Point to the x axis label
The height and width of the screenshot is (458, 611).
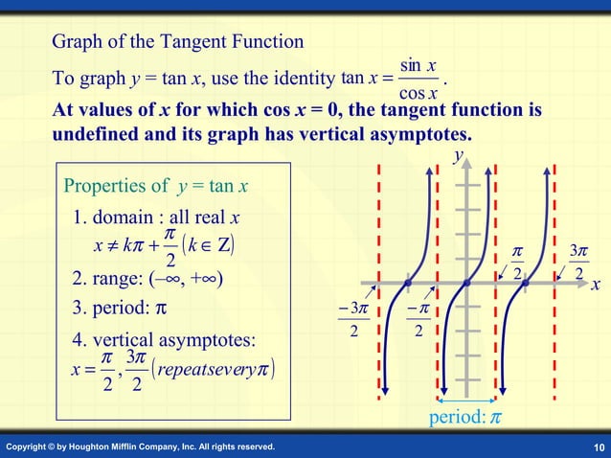tap(595, 286)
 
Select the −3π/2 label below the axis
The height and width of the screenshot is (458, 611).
tap(354, 318)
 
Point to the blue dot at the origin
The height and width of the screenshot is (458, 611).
tap(466, 284)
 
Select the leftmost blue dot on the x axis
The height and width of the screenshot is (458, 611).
tap(408, 284)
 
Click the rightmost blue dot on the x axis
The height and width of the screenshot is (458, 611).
tap(526, 284)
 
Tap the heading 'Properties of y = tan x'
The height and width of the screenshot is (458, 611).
tap(156, 185)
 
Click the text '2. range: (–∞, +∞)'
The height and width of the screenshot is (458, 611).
tap(148, 279)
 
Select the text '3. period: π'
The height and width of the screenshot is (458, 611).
tap(121, 309)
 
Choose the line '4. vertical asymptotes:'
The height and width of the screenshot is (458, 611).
tap(164, 340)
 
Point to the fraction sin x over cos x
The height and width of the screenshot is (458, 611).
tap(419, 79)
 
